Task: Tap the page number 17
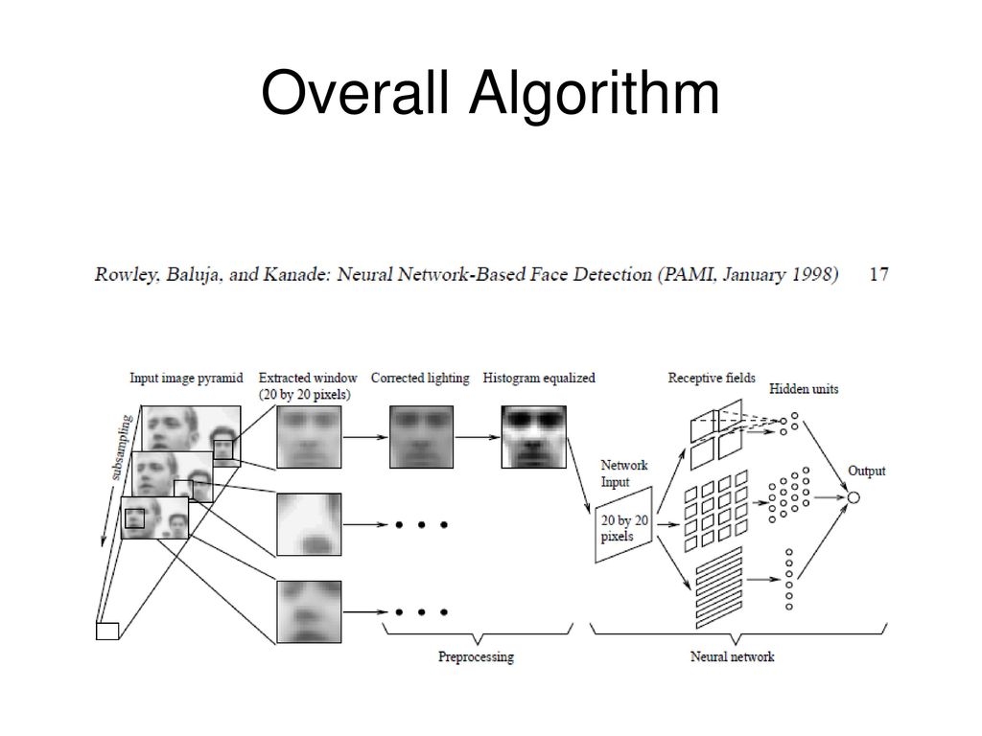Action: pos(877,275)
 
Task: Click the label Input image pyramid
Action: pos(186,378)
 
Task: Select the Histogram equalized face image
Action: pos(533,436)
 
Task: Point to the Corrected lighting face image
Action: pos(420,436)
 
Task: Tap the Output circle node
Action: pos(853,497)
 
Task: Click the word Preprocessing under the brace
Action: pos(476,657)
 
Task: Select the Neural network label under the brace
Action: pos(732,657)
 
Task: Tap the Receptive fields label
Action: pos(712,378)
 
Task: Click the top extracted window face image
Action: pos(308,436)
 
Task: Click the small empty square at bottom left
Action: pos(106,630)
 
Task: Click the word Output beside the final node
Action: pos(866,471)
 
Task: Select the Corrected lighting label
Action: pos(420,378)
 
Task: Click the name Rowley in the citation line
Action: pos(121,275)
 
